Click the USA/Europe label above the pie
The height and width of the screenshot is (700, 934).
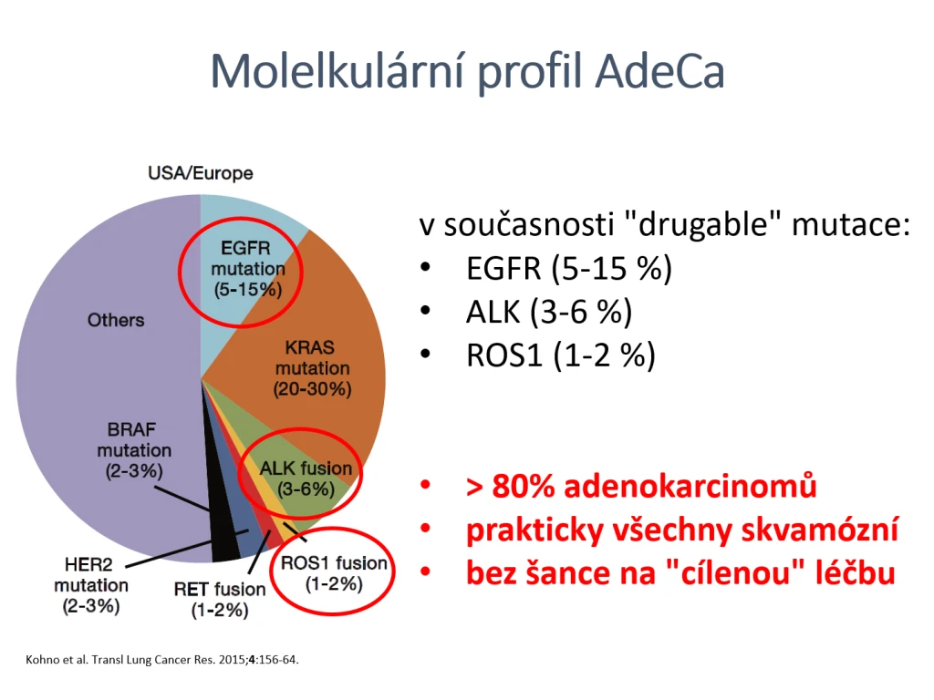[x=200, y=173]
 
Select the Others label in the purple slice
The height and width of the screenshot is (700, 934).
[x=116, y=320]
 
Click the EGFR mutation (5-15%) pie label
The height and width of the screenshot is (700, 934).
[x=248, y=269]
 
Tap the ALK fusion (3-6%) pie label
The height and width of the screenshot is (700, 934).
[x=306, y=479]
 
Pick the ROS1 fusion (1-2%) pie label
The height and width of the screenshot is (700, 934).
[x=334, y=573]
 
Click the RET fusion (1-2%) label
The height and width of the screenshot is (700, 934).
[x=219, y=600]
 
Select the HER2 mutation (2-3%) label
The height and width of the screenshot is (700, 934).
[x=90, y=585]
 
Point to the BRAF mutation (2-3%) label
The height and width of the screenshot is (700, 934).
[x=134, y=450]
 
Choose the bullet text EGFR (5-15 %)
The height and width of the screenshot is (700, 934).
[x=569, y=269]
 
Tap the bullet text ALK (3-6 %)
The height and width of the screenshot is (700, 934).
[x=548, y=312]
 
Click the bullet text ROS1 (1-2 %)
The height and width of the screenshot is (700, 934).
[x=561, y=355]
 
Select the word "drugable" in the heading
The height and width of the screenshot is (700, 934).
[x=703, y=225]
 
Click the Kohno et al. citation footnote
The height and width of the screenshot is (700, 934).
[x=162, y=660]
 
